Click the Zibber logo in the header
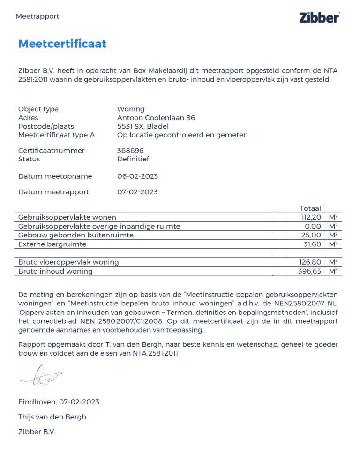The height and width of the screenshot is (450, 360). (x=319, y=17)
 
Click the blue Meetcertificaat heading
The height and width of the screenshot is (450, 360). (x=62, y=44)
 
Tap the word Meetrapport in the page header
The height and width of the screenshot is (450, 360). (x=37, y=16)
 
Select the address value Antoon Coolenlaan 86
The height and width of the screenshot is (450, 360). (x=156, y=118)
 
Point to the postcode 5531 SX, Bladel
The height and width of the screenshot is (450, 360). (x=143, y=126)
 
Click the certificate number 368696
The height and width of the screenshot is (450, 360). (x=130, y=151)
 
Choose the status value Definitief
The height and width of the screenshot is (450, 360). (x=133, y=159)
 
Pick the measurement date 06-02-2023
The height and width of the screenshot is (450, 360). (x=137, y=176)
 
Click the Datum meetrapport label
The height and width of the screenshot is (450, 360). (x=53, y=192)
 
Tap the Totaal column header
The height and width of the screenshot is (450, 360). (x=310, y=208)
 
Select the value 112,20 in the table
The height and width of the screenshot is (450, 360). (x=311, y=217)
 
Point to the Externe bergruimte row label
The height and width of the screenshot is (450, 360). (x=52, y=244)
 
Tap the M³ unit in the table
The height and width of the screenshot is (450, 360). (x=333, y=271)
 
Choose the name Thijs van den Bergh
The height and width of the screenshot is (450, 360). (x=52, y=417)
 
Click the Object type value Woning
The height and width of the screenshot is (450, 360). (x=131, y=109)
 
